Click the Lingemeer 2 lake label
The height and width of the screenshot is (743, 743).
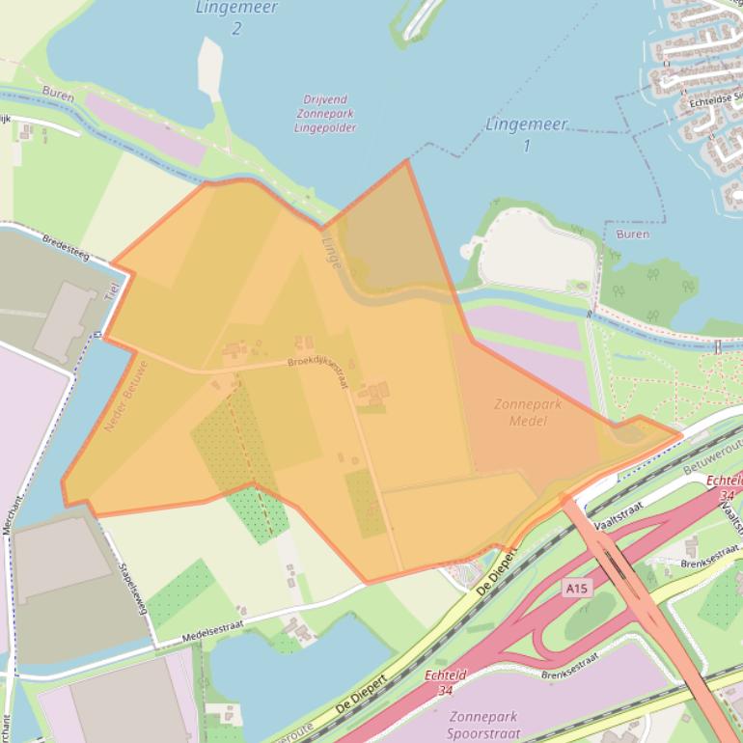pos(236,16)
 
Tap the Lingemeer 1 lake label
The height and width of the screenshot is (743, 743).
pos(526,134)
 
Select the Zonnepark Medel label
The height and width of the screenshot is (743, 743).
pos(527,412)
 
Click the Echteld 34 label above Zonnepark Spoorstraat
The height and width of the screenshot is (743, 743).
pos(446,681)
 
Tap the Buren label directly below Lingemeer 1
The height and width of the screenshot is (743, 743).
pos(631,234)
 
